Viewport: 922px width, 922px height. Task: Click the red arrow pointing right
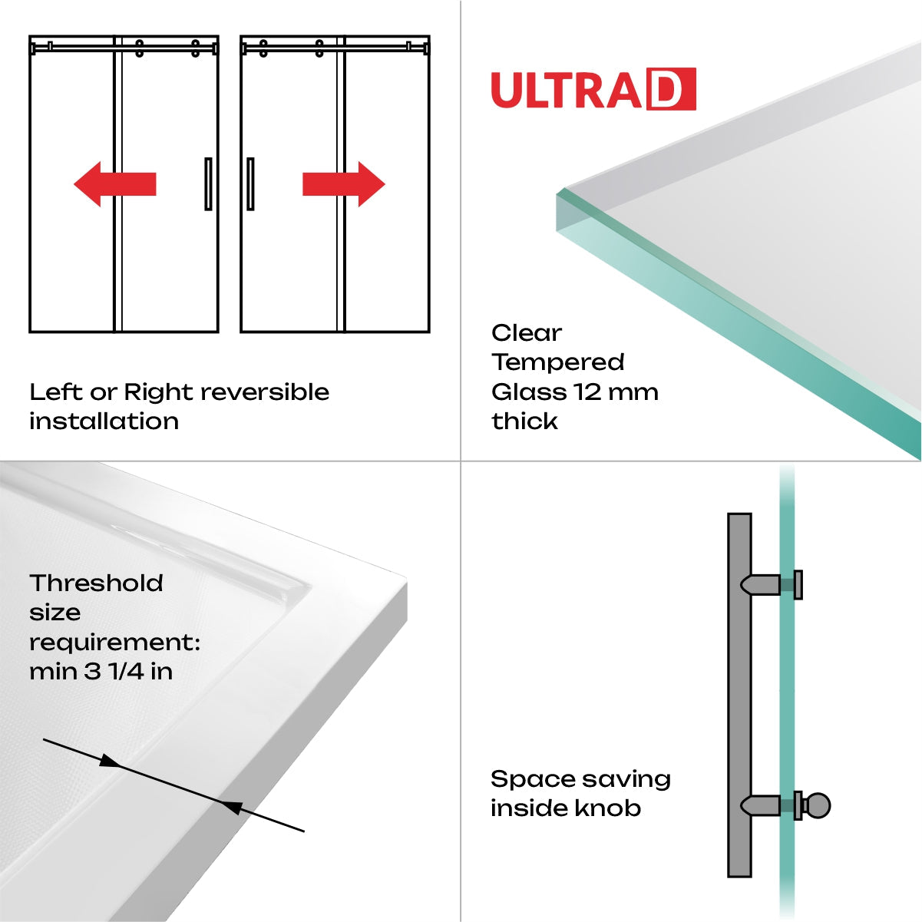pyautogui.click(x=344, y=184)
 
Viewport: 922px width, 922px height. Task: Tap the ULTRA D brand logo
pyautogui.click(x=593, y=90)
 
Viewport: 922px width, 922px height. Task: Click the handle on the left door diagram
pyautogui.click(x=208, y=184)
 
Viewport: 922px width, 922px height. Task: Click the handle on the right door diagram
pyautogui.click(x=250, y=184)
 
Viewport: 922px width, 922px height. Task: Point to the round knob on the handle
pyautogui.click(x=818, y=806)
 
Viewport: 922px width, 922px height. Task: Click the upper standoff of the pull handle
pyautogui.click(x=762, y=585)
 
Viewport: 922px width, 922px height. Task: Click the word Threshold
pyautogui.click(x=97, y=583)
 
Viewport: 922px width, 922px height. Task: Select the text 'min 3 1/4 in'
pyautogui.click(x=101, y=672)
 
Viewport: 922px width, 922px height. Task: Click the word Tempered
pyautogui.click(x=558, y=362)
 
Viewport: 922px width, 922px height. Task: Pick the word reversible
pyautogui.click(x=266, y=392)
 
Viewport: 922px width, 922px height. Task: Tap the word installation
pyautogui.click(x=104, y=421)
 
